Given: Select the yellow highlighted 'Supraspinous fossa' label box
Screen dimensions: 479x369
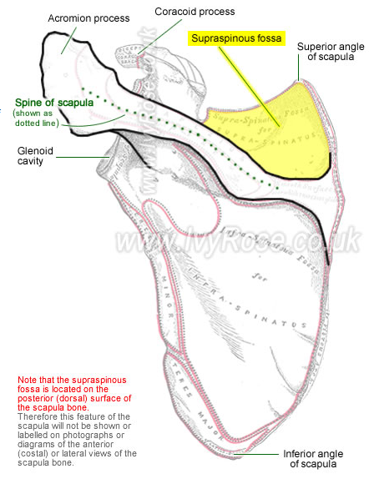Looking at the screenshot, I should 238,38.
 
